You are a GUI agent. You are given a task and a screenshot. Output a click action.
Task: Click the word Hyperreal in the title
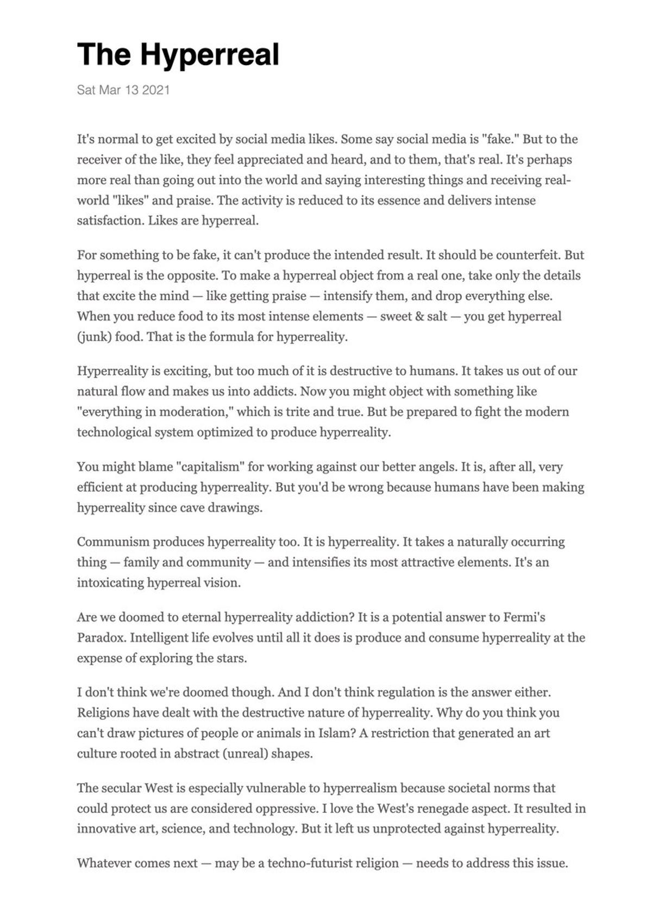point(209,55)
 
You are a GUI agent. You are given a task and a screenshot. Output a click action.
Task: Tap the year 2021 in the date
point(156,90)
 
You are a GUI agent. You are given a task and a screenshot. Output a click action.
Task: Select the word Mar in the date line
point(110,90)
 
